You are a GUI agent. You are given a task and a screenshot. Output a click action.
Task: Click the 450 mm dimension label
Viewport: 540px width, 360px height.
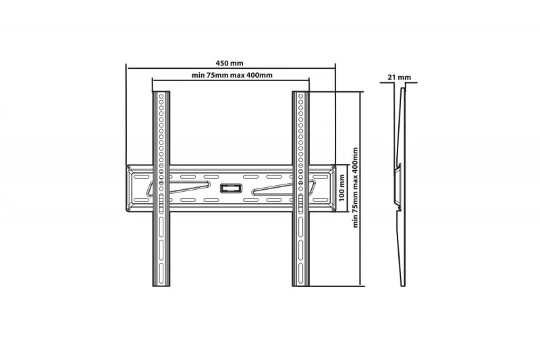click(230, 63)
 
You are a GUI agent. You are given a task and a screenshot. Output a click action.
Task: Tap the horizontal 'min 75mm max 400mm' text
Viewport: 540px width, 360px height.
click(232, 75)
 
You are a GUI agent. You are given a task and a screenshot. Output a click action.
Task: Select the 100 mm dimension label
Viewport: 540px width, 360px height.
click(342, 188)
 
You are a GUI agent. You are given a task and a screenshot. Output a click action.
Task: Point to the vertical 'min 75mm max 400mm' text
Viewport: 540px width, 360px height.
click(356, 188)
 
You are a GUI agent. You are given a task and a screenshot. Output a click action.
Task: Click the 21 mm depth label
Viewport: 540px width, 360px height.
click(399, 77)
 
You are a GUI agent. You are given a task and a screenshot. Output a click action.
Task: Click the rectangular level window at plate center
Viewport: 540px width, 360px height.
click(231, 188)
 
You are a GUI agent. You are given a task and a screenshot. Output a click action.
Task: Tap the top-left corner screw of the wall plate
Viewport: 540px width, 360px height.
click(129, 168)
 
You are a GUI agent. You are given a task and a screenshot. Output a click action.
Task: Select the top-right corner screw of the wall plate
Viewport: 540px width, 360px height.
click(333, 168)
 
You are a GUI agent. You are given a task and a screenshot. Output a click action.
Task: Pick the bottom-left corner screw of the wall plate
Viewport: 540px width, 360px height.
click(129, 209)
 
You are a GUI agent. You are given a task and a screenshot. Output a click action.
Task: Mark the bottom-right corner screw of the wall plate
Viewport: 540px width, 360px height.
click(333, 209)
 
